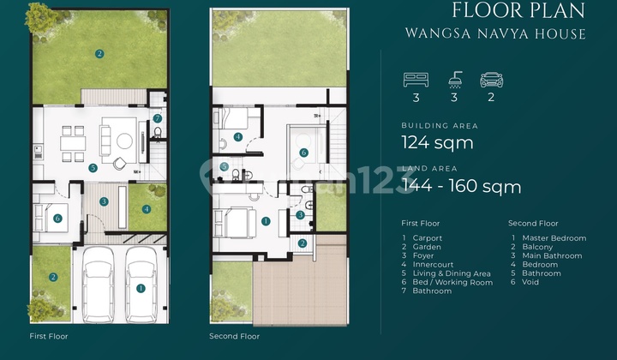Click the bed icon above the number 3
(x=416, y=80)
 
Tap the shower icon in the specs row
(x=455, y=80)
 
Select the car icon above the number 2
(x=492, y=80)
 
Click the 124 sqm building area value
(x=437, y=142)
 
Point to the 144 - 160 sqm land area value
(x=461, y=186)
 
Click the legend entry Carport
(x=428, y=238)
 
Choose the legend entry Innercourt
(x=433, y=264)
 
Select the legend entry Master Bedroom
(x=554, y=238)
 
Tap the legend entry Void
(x=530, y=282)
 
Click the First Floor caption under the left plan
(x=49, y=336)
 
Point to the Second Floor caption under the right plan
(x=234, y=336)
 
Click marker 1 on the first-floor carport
(x=141, y=288)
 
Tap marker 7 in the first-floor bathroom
(x=158, y=118)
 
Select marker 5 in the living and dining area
(x=93, y=168)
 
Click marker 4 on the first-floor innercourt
(x=147, y=209)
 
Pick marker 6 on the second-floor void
(x=303, y=153)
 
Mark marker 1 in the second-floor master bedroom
(x=266, y=221)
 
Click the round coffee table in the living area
(x=125, y=141)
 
